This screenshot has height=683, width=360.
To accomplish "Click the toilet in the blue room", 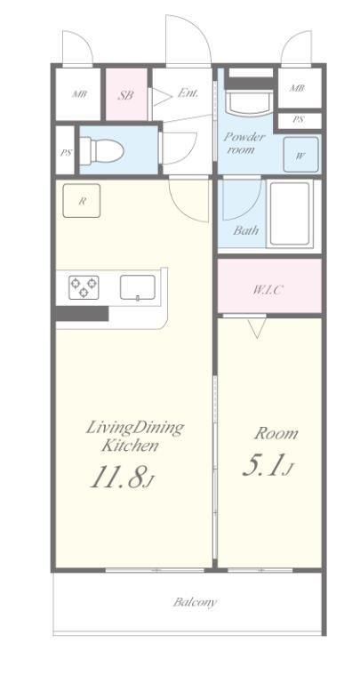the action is click(102, 150).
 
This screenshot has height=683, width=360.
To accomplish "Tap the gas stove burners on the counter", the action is click(84, 287).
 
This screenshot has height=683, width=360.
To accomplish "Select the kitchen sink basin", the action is click(138, 287).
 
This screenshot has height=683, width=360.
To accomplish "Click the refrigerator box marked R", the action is click(82, 200).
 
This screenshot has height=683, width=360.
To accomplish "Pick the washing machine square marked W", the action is click(300, 155).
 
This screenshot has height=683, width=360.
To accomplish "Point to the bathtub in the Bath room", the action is click(290, 213).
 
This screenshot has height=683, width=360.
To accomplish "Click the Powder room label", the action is click(244, 143).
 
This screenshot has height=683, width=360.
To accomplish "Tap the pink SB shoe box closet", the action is click(127, 94).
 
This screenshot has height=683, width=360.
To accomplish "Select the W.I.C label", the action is click(267, 289).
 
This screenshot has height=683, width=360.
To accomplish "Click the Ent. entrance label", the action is click(188, 92).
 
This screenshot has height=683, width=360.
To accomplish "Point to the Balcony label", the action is click(195, 602).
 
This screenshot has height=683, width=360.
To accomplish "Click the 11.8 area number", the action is click(119, 476).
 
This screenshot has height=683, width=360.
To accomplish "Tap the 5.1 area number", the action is click(266, 465).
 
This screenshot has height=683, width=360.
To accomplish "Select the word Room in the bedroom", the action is click(276, 433).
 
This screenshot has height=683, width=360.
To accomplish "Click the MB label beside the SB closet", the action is click(79, 93).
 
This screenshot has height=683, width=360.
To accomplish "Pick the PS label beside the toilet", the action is click(66, 153).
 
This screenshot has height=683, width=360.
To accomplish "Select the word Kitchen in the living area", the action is click(130, 446).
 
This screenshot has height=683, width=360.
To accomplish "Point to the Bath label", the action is click(245, 230).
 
